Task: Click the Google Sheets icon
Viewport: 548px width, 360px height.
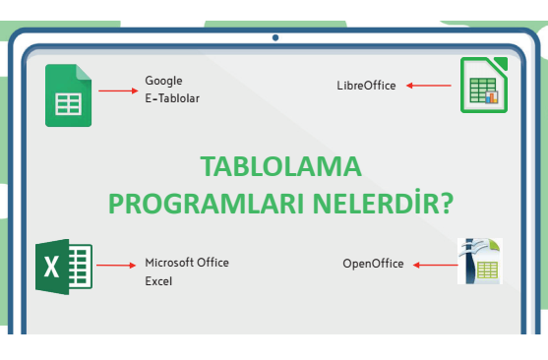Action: [x=69, y=95]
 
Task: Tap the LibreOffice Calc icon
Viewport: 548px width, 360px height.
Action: [x=484, y=85]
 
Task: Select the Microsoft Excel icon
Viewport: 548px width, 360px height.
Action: [x=64, y=267]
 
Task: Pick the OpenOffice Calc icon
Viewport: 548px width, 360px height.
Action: [x=480, y=261]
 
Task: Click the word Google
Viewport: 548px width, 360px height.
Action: [x=163, y=81]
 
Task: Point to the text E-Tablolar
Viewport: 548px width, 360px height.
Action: [x=172, y=98]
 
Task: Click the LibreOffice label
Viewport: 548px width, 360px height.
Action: [x=366, y=86]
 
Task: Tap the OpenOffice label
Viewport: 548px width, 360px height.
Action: [x=373, y=264]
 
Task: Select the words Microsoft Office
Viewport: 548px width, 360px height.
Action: [x=187, y=263]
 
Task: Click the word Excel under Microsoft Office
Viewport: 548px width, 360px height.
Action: [x=158, y=281]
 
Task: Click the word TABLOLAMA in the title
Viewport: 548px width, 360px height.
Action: [x=280, y=166]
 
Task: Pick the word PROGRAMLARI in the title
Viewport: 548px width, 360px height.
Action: [x=206, y=204]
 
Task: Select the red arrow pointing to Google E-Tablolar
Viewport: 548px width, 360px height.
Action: [x=118, y=90]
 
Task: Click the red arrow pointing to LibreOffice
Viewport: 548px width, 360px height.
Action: [x=429, y=86]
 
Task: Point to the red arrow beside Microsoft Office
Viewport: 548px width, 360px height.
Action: [x=116, y=266]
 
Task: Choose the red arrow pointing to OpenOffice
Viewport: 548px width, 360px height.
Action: [x=436, y=265]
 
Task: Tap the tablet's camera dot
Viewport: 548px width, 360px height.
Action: [x=275, y=37]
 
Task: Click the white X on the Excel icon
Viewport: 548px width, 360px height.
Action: [x=52, y=267]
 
